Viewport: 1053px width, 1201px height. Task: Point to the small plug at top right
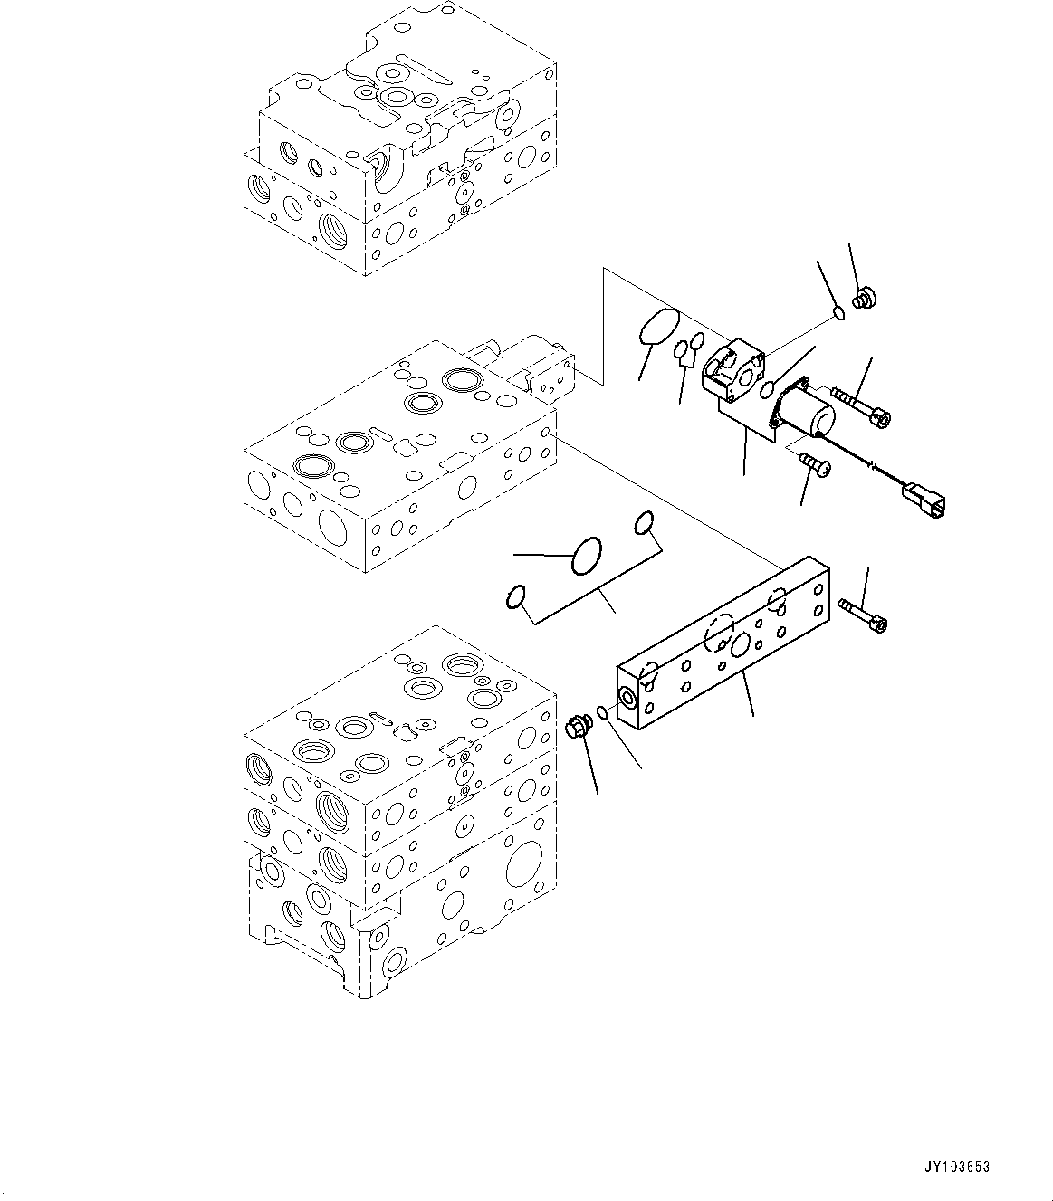click(863, 297)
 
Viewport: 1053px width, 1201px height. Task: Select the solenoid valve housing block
click(733, 370)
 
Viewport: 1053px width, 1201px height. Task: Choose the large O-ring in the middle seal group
click(587, 555)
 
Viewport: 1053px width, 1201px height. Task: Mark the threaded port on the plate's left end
click(627, 695)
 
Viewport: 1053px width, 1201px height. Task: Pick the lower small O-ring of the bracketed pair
click(515, 596)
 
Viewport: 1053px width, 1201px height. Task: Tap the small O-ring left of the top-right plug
click(838, 314)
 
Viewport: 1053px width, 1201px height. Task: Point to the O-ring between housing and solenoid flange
click(768, 390)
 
